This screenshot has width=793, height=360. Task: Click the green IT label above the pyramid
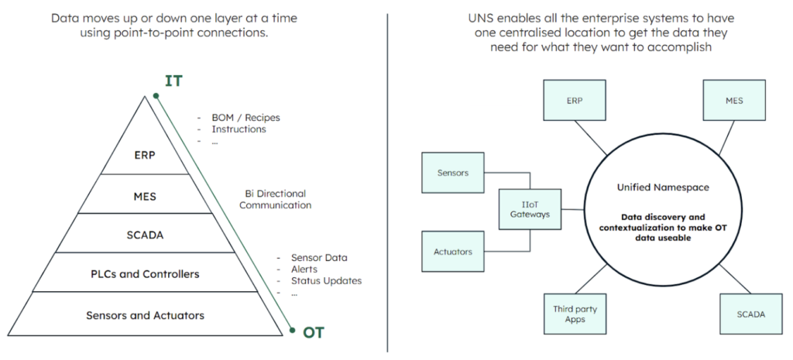click(x=173, y=81)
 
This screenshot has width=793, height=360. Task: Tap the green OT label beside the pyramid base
click(x=314, y=333)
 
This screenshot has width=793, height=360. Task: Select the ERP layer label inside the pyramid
click(x=145, y=155)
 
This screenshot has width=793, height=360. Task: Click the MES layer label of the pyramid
click(x=145, y=197)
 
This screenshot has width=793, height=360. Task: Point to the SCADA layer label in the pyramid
click(x=145, y=235)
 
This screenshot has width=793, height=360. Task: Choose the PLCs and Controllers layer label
click(x=145, y=275)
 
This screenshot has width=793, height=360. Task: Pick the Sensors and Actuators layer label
click(x=145, y=316)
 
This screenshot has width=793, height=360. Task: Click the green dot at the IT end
click(x=156, y=95)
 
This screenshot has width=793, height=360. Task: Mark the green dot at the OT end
click(x=292, y=330)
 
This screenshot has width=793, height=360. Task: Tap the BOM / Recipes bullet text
click(x=245, y=118)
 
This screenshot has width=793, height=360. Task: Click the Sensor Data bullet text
click(x=319, y=258)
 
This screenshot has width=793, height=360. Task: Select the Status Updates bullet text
click(x=326, y=280)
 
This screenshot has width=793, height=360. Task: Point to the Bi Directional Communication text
click(x=276, y=199)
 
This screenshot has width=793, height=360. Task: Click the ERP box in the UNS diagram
click(x=575, y=100)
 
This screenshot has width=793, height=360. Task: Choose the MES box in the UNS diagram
click(x=734, y=100)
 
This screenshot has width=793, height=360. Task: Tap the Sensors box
click(x=452, y=173)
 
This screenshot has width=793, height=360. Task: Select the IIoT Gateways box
click(x=530, y=210)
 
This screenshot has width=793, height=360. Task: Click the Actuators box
click(x=452, y=252)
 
